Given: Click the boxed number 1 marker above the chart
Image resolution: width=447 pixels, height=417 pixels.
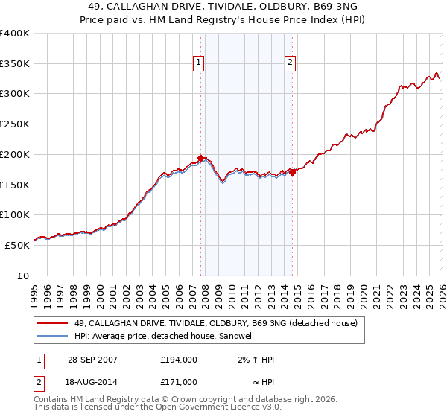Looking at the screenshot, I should [199, 63].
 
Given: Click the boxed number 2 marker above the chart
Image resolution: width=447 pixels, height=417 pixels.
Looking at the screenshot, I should [290, 63].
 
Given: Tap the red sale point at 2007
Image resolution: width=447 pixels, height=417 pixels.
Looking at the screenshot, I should [201, 158].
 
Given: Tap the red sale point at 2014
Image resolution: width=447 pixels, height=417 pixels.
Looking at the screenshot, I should [292, 172].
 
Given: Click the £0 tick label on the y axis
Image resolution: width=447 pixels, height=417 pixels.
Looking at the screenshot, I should [22, 276].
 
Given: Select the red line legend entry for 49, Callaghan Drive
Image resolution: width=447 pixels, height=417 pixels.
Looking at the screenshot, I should [216, 323].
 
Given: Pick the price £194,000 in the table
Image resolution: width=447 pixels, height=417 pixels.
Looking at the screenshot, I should [179, 360].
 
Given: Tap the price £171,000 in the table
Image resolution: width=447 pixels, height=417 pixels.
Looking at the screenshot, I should [179, 381].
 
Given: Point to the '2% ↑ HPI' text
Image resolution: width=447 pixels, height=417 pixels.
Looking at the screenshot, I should [256, 360].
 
